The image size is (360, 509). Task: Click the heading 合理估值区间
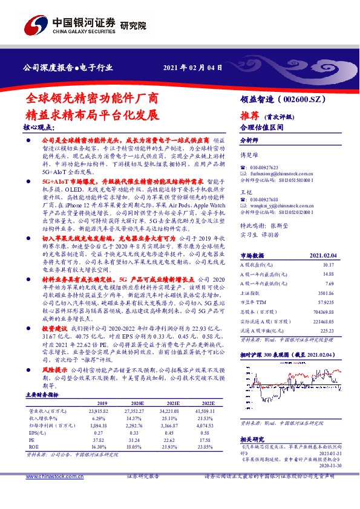point(261,127)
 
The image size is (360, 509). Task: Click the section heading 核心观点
point(42,128)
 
